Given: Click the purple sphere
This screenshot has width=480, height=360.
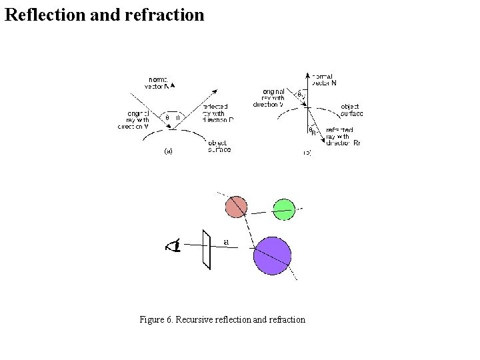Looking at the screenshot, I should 273,255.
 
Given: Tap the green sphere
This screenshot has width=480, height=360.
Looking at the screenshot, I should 283,209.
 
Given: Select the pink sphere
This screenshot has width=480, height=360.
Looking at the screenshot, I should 236,207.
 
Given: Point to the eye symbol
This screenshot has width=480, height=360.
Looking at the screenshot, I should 175,246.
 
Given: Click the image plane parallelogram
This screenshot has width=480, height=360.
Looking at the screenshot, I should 207,249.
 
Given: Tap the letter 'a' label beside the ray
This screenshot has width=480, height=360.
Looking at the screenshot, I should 227,241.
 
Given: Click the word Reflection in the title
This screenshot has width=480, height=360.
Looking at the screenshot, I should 43,15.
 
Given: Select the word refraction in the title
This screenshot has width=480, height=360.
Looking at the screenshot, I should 164,15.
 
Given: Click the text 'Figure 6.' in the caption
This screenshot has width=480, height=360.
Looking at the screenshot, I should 156,320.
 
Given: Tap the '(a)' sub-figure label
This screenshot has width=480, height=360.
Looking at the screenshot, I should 169,151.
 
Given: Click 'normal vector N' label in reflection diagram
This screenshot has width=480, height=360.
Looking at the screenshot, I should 158,83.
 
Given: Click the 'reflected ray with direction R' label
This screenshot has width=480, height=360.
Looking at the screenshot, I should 218,113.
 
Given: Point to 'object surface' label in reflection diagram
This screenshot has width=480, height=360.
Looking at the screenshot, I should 219,146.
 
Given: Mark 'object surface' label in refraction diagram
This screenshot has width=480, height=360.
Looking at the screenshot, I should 351,110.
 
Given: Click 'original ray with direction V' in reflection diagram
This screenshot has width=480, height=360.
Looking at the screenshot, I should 133,119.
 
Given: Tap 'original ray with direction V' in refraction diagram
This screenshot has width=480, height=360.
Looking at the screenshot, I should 269,97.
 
